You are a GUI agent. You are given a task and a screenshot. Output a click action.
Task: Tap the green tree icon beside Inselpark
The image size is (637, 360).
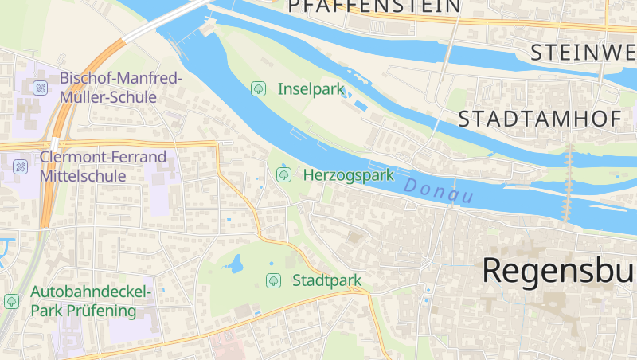(x=258, y=88)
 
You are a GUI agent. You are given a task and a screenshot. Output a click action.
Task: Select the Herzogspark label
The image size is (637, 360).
(x=348, y=174)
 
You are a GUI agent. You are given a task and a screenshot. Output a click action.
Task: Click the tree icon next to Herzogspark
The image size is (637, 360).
(x=283, y=174)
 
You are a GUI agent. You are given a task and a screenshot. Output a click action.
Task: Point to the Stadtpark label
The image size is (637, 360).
(x=326, y=280)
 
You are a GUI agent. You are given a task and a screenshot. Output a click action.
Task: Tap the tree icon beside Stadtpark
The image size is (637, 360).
(x=273, y=280)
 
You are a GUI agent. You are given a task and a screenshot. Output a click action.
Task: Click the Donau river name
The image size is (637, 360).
(x=438, y=191)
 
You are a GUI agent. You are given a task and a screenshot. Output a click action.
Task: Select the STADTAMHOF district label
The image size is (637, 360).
(x=539, y=119)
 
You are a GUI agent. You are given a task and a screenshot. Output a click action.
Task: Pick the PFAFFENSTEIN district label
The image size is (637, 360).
(x=374, y=6)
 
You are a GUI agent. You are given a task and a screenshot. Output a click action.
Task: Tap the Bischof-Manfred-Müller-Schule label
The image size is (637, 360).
(x=121, y=88)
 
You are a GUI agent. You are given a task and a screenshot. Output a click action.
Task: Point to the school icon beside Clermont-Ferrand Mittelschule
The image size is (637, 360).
(x=21, y=166)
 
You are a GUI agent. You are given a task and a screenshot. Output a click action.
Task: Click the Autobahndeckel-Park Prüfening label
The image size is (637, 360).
(x=90, y=301)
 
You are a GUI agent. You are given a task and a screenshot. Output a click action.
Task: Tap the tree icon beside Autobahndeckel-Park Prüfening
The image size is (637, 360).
(x=11, y=301)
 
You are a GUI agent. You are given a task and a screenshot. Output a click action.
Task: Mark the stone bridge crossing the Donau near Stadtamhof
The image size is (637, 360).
(x=568, y=183)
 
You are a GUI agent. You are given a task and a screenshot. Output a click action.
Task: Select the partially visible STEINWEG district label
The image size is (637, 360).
(x=583, y=53)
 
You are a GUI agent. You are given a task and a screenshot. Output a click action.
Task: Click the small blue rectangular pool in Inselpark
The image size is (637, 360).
(x=360, y=105)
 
